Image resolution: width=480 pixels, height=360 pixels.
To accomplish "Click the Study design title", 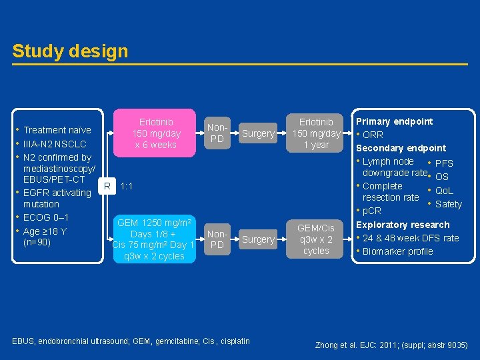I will (70, 51).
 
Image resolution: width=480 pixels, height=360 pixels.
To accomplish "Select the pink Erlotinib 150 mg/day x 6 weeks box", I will (156, 133).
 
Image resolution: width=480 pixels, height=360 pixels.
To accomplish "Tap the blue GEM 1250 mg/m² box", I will (154, 239).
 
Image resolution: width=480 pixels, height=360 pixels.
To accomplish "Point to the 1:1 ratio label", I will (127, 186).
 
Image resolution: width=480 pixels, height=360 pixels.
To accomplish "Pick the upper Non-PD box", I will (217, 133).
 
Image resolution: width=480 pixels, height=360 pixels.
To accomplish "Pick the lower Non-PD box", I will (217, 239).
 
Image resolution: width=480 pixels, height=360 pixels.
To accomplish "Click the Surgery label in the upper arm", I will (258, 133).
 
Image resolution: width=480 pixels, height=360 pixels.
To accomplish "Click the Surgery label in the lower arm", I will (258, 239).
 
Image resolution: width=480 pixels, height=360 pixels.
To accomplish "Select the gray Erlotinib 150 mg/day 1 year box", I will (316, 133).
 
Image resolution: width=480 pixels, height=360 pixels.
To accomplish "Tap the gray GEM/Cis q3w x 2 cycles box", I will (316, 239).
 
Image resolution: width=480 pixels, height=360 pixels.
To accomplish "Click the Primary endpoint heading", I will (394, 121).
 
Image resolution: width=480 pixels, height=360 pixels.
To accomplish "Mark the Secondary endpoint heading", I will (401, 148).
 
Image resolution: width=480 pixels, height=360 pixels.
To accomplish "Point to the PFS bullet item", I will (443, 163).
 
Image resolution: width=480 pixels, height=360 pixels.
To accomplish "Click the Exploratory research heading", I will (403, 225).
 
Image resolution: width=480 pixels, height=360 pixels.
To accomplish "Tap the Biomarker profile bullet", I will (397, 251).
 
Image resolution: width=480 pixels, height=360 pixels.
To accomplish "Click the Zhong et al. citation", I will (391, 345).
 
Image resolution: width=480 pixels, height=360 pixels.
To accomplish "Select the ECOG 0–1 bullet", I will (46, 217).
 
